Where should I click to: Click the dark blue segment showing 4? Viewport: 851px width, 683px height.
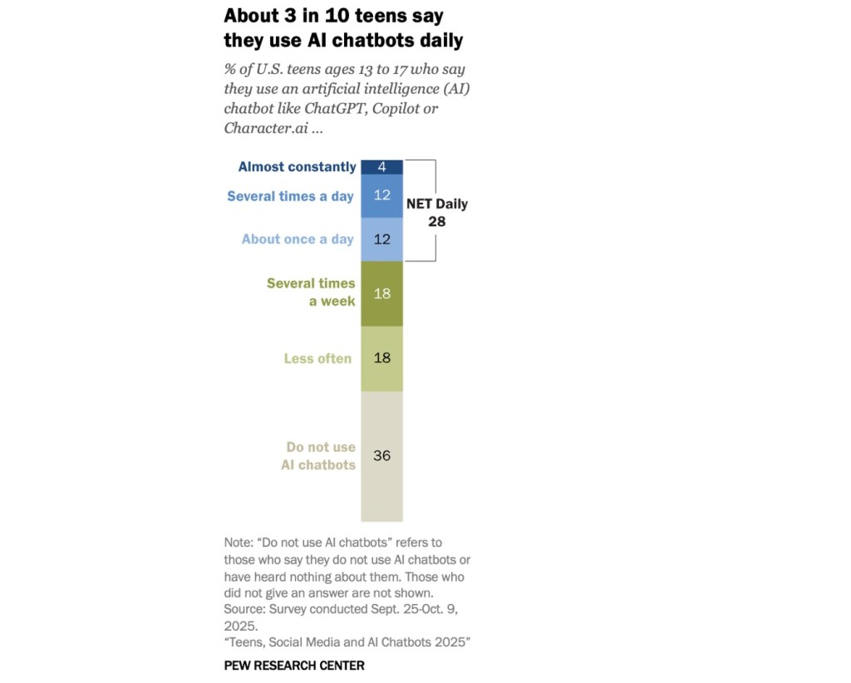coord(381,167)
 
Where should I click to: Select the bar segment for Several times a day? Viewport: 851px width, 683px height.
coord(381,197)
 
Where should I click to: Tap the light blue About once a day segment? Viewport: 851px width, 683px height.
coord(381,239)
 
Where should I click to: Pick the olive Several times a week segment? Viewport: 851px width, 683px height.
coord(381,293)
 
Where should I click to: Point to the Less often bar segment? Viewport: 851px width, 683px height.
coord(381,359)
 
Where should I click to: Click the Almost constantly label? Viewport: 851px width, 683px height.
coord(297,167)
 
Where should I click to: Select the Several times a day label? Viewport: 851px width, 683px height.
coord(290,197)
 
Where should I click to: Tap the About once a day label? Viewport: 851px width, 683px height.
coord(298,239)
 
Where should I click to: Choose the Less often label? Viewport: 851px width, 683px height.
coord(317,359)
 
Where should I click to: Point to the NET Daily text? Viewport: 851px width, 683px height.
coord(436,204)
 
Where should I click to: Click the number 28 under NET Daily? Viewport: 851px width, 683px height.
coord(436,222)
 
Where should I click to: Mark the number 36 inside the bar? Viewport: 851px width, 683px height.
coord(381,456)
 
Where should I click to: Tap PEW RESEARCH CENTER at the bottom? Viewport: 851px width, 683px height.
coord(294,666)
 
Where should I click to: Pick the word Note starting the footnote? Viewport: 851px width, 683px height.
coord(239,543)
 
